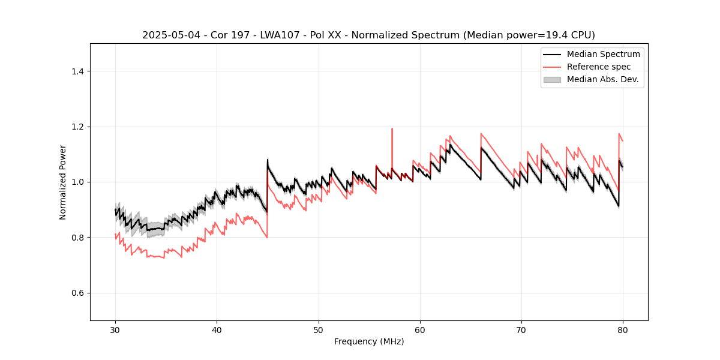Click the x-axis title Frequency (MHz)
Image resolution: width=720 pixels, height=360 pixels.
[x=369, y=341]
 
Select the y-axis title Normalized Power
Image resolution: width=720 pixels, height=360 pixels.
[x=63, y=182]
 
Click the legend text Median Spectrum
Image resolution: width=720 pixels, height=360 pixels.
[x=603, y=54]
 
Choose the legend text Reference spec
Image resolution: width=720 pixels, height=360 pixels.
[x=599, y=67]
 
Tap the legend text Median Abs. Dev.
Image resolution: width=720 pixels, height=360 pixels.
[x=602, y=79]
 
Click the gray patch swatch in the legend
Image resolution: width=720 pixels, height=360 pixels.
[x=552, y=79]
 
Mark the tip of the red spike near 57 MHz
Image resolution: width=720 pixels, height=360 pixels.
[x=392, y=128]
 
